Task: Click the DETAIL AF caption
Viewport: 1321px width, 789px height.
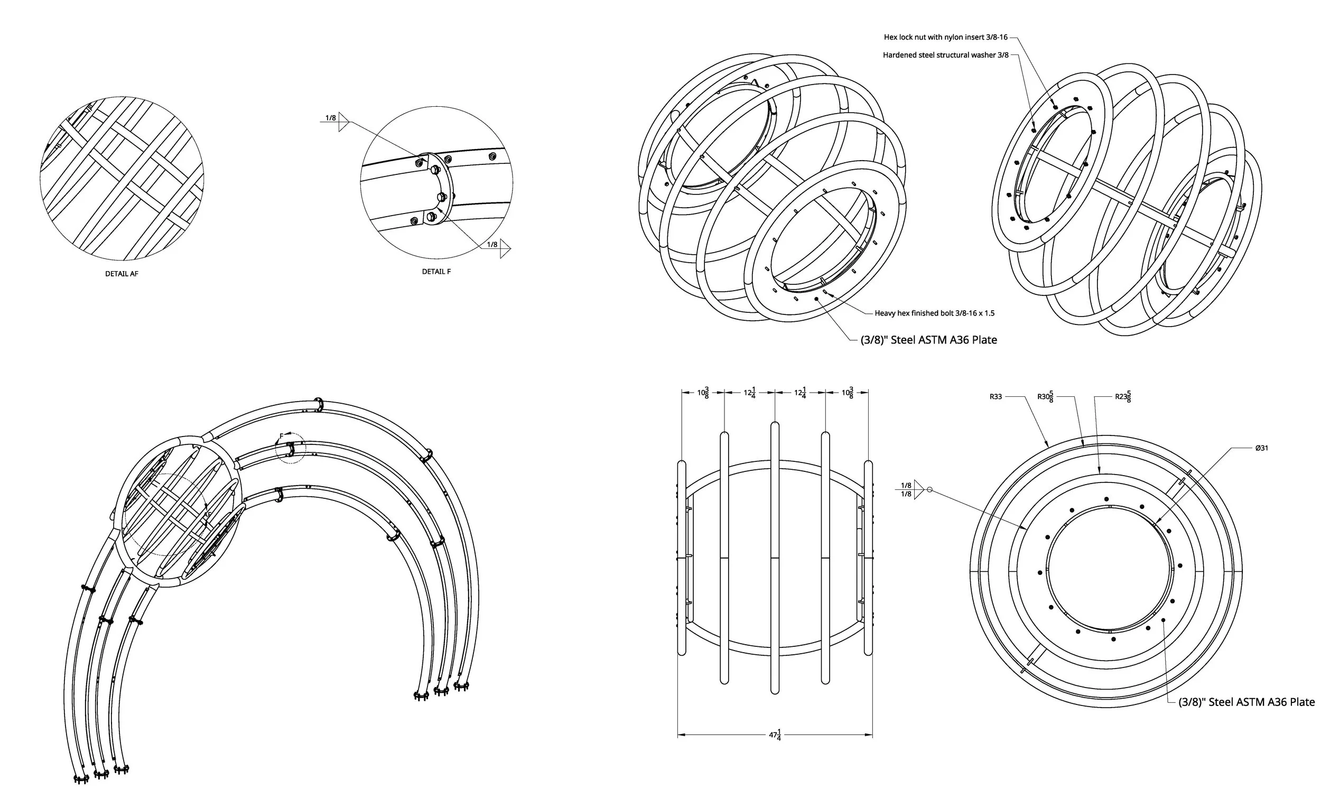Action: (x=122, y=274)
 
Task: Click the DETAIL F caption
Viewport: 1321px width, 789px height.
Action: (x=436, y=272)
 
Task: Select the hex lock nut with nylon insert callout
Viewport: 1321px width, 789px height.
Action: (x=945, y=37)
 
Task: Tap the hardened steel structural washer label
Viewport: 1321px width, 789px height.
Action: (x=945, y=55)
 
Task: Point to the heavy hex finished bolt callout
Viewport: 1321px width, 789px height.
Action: (x=934, y=313)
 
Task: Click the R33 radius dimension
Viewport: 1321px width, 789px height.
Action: (x=995, y=397)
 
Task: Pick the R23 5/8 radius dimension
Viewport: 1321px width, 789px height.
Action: (x=1123, y=397)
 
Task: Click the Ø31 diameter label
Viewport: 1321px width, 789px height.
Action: (x=1261, y=448)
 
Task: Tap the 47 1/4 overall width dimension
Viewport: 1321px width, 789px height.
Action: (x=775, y=735)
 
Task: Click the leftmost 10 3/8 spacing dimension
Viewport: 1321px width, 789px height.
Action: (x=703, y=393)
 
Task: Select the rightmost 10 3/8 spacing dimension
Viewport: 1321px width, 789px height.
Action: (x=848, y=393)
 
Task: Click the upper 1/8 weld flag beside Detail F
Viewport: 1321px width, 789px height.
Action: (x=331, y=118)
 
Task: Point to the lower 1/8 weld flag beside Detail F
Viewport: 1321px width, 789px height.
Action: (x=493, y=245)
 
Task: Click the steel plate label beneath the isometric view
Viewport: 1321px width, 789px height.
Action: (x=928, y=340)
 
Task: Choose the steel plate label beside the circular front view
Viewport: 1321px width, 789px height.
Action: (x=1246, y=702)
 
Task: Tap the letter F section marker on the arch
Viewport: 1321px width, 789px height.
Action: (x=281, y=437)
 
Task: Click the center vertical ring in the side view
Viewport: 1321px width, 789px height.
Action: (x=775, y=558)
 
